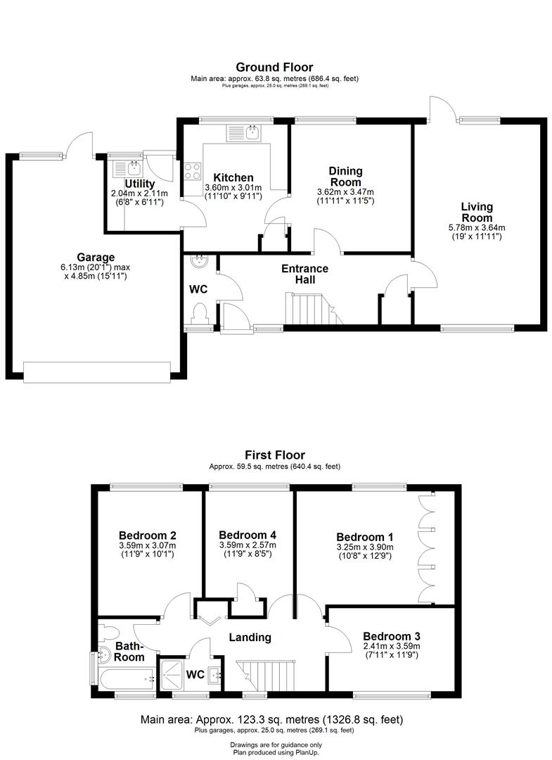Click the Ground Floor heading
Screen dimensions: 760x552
coord(274,68)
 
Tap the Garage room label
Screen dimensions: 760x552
coord(96,258)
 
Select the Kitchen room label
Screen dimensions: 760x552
coord(233,177)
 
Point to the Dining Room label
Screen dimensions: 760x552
coord(345,177)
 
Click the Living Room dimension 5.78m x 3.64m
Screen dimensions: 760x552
coord(477,227)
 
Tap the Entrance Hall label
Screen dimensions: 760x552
coord(304,274)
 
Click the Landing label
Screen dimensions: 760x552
coord(251,638)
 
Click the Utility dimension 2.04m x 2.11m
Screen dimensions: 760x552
coord(139,194)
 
